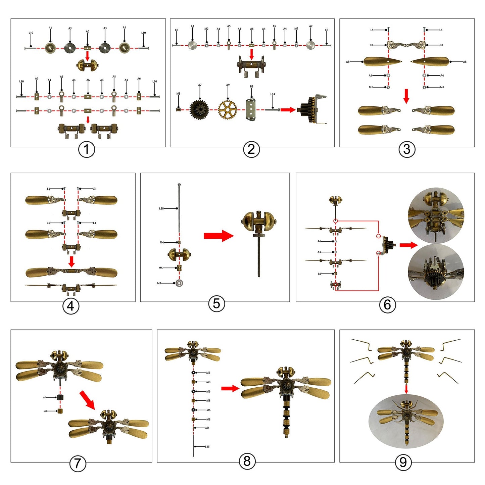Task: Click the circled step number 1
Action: [x=87, y=149]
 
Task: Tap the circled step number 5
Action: [x=216, y=304]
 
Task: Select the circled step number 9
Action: [x=403, y=463]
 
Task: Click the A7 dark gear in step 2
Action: [x=199, y=109]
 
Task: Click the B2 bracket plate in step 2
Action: [x=251, y=109]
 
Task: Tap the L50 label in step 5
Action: [x=161, y=208]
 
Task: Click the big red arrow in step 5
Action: [x=219, y=236]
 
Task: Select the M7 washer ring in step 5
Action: [x=179, y=283]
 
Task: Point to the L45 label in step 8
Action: [x=207, y=447]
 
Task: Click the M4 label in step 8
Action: [x=207, y=428]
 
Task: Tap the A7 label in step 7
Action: [x=45, y=397]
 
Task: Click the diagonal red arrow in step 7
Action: [x=88, y=400]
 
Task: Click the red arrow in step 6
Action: [x=408, y=245]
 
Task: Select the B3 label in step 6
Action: [x=319, y=274]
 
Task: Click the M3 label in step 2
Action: [x=178, y=94]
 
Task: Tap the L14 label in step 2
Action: [x=273, y=94]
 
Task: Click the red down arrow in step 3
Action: [x=406, y=96]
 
